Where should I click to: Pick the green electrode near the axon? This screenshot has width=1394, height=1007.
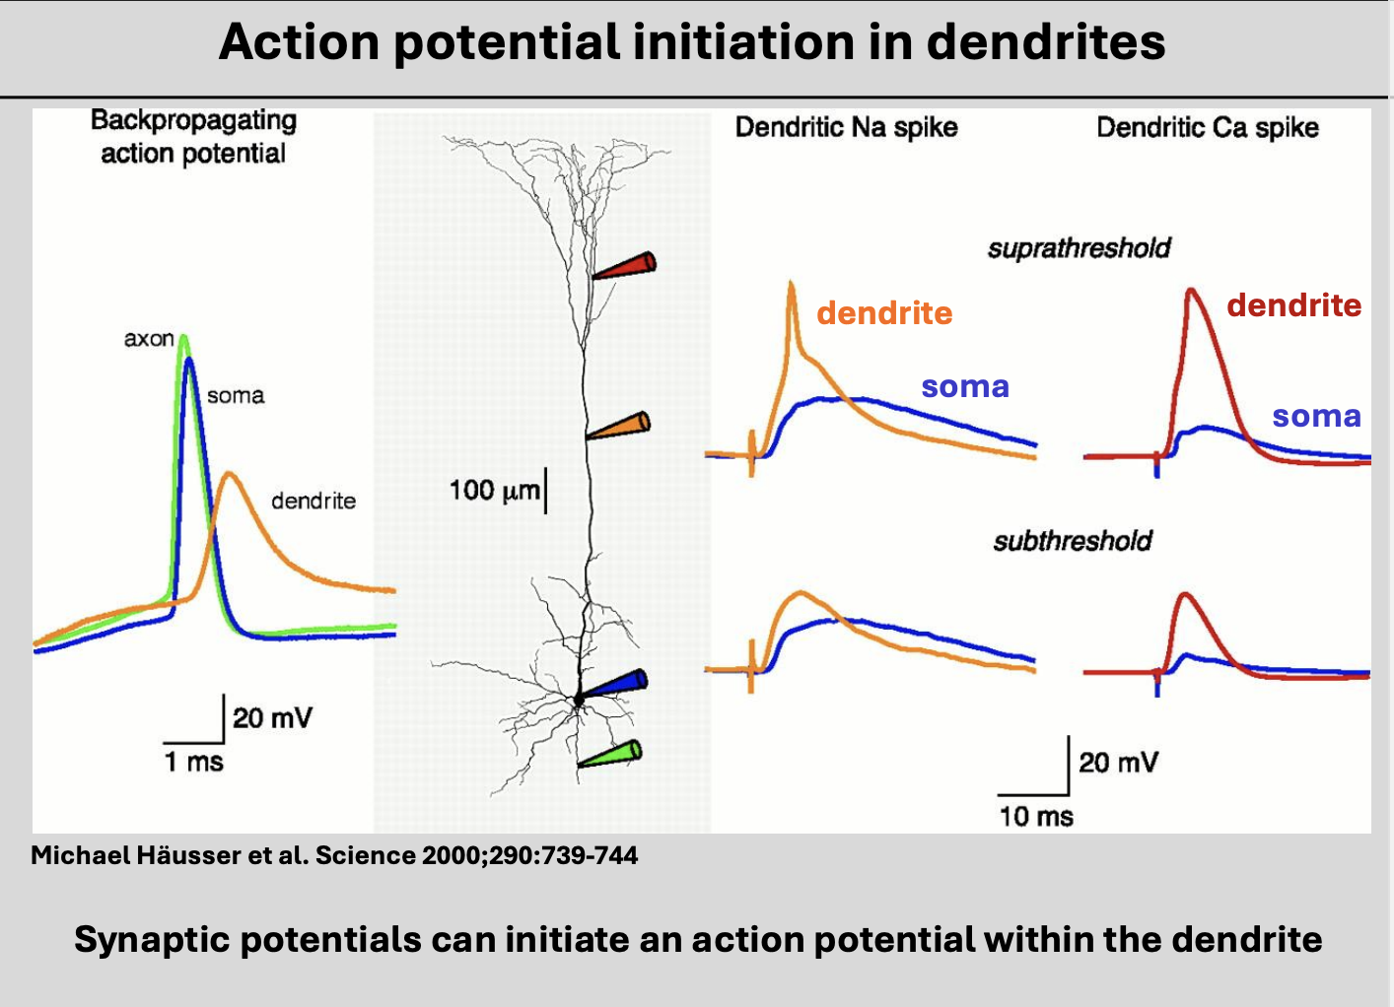click(x=611, y=755)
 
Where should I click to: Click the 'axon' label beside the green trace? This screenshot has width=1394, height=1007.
click(x=149, y=339)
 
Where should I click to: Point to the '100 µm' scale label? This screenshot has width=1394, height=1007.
click(x=494, y=490)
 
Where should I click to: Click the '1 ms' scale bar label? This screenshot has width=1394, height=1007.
click(x=193, y=762)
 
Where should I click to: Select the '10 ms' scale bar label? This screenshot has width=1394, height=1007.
click(x=1035, y=816)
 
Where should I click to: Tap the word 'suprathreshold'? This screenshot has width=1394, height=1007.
click(x=1079, y=247)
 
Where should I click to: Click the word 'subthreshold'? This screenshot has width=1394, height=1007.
click(x=1073, y=541)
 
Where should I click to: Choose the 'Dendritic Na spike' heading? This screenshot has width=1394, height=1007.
click(x=846, y=127)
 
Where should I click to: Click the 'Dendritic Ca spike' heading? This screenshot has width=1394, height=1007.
click(x=1208, y=127)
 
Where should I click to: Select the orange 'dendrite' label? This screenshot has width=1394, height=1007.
click(x=884, y=313)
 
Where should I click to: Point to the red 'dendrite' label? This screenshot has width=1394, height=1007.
click(x=1293, y=305)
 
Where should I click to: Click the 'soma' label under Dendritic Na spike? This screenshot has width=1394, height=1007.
click(x=965, y=386)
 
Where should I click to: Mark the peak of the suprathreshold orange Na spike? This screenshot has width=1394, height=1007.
click(x=792, y=283)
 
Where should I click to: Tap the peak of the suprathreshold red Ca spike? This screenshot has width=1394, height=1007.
click(x=1191, y=290)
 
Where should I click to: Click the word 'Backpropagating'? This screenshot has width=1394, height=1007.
click(x=193, y=120)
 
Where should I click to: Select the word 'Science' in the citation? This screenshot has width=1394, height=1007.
click(x=365, y=855)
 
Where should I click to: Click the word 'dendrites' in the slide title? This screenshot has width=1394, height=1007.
click(x=1045, y=42)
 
